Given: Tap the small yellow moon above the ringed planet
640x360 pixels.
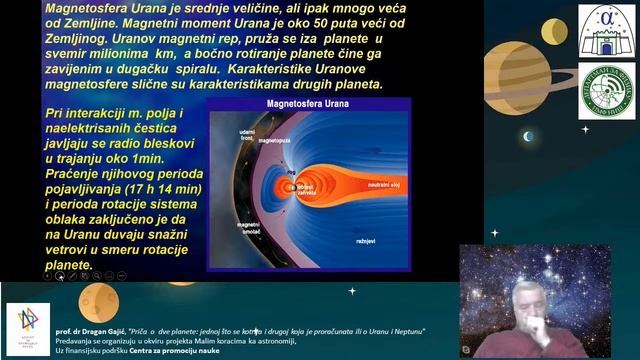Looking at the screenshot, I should (x=554, y=32).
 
